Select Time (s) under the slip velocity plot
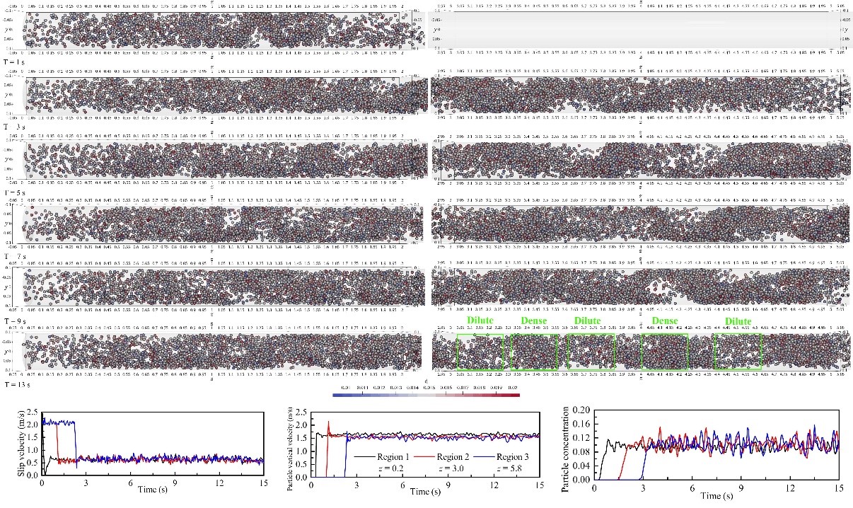point(147,490)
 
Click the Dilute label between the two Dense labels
point(587,321)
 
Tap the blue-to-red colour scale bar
point(426,394)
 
